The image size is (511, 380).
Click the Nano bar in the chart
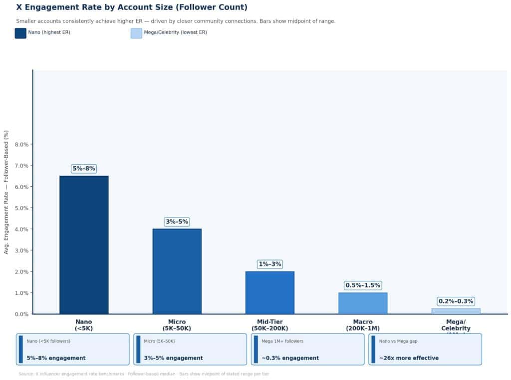84,245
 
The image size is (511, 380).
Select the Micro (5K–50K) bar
177,271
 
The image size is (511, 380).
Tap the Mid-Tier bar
270,292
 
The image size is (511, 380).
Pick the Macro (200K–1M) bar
363,303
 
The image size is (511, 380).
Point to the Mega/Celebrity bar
456,311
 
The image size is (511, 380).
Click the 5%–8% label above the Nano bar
84,168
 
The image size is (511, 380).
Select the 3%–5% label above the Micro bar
177,222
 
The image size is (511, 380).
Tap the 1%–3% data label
270,264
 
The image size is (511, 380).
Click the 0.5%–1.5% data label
363,285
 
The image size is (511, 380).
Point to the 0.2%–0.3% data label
456,301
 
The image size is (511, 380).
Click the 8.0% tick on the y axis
21,144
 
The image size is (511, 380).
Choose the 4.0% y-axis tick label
21,229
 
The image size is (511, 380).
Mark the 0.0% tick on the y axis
21,314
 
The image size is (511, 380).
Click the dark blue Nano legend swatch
20,33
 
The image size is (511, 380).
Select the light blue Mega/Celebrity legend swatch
136,33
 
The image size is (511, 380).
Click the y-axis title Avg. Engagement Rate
6,192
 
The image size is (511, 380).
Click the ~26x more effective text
409,358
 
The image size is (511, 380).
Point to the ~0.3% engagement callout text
290,358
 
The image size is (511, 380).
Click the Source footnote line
144,374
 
